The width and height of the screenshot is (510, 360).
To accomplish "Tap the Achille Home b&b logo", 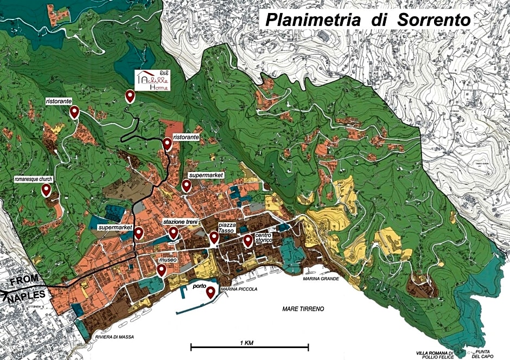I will click(x=152, y=80).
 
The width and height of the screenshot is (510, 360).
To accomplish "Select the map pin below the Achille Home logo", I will click(x=130, y=96).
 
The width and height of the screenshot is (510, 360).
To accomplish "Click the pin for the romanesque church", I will click(x=47, y=190).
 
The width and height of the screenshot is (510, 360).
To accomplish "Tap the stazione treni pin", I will click(x=174, y=233).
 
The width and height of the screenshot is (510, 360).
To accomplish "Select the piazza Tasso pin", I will click(x=214, y=239).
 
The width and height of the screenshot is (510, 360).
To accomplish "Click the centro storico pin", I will click(x=248, y=240).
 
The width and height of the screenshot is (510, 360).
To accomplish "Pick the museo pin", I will click(x=162, y=270).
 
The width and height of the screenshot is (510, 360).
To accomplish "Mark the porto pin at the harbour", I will click(x=211, y=293).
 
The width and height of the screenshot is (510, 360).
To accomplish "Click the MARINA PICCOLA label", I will click(x=239, y=290).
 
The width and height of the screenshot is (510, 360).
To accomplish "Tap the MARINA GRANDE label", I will click(x=321, y=279).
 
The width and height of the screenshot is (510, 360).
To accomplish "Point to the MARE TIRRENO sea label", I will click(x=303, y=308).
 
